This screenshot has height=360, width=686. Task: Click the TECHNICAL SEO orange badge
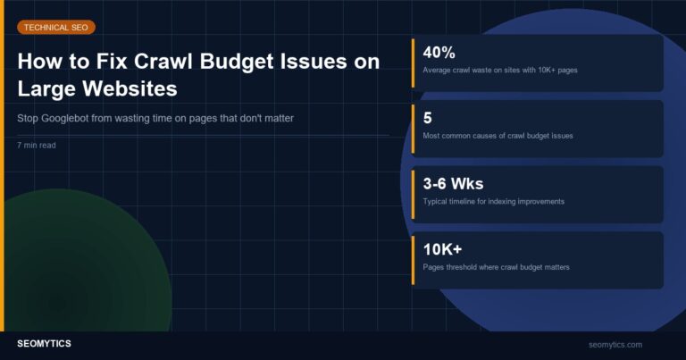click(55, 28)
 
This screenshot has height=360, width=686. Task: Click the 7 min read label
click(36, 144)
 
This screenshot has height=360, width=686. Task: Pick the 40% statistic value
click(439, 52)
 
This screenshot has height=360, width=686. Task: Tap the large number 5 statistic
click(428, 118)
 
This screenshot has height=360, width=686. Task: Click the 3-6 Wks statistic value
click(453, 184)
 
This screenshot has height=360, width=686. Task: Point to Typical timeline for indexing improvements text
click(493, 201)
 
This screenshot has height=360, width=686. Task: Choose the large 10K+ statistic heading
click(442, 249)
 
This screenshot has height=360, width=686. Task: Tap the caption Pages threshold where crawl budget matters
click(496, 267)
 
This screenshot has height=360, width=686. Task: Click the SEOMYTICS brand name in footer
click(45, 344)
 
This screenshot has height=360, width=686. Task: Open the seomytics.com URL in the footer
click(615, 344)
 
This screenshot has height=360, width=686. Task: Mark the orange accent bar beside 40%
click(413, 63)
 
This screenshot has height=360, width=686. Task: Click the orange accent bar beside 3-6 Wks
click(413, 194)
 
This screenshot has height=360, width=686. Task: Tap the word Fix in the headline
click(108, 62)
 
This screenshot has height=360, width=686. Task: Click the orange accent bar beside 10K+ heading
click(413, 260)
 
